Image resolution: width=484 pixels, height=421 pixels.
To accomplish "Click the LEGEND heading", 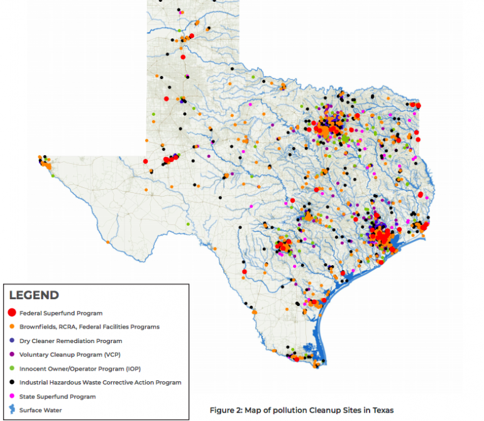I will click(34, 295).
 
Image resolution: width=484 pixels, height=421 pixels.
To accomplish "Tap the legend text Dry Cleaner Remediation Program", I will click(71, 341).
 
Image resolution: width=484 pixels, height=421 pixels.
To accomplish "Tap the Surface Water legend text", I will click(41, 410).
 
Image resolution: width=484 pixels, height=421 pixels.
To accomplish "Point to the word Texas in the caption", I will click(382, 410).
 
